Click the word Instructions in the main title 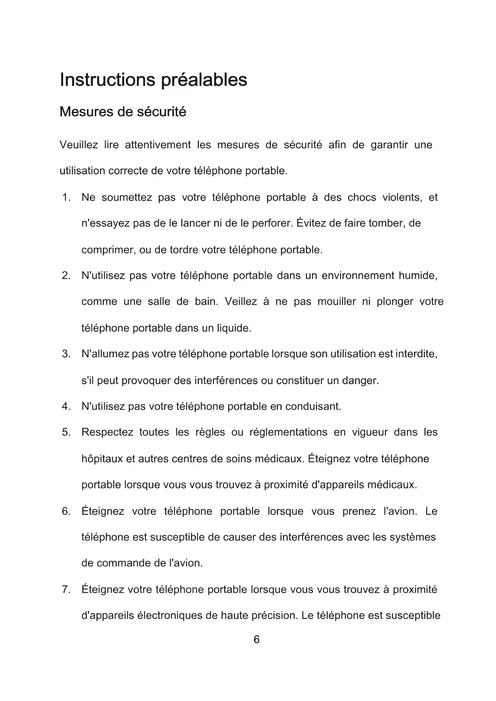click(107, 80)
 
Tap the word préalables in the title click(204, 80)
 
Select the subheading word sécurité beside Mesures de click(161, 112)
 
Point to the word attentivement click(158, 145)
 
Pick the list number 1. click(66, 197)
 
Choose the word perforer click(273, 223)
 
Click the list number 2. click(66, 276)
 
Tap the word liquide click(234, 329)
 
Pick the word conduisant click(313, 407)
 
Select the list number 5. click(66, 432)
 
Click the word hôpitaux click(102, 459)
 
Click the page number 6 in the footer click(257, 640)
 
